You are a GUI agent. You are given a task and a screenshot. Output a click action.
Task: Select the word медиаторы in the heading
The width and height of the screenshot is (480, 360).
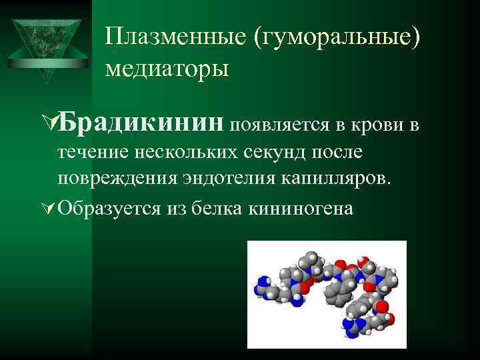(167, 67)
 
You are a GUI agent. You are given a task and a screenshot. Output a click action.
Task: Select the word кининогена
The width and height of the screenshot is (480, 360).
(300, 208)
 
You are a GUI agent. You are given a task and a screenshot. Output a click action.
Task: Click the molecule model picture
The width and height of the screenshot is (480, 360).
(322, 294)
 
